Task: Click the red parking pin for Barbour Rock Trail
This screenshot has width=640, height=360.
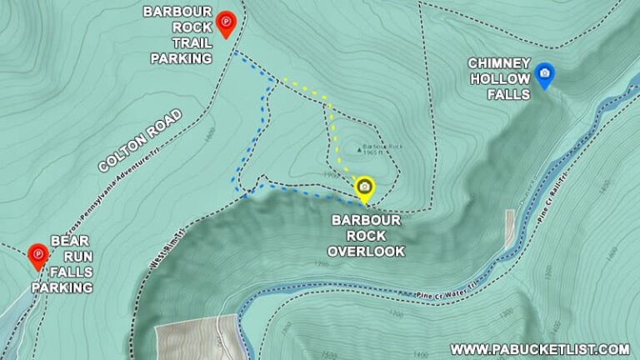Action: click(x=224, y=24)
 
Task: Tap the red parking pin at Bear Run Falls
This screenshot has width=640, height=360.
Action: click(x=37, y=256)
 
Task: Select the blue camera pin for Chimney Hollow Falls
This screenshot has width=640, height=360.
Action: click(x=544, y=74)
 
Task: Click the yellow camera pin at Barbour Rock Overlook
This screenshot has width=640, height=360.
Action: click(x=364, y=187)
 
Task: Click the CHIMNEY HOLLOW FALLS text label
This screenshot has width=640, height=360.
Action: click(x=499, y=78)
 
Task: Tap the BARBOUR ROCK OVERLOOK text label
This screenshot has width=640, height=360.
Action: click(x=366, y=235)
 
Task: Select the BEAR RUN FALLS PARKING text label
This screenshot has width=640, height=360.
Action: click(x=62, y=263)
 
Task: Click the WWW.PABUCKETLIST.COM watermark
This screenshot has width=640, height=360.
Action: click(x=540, y=348)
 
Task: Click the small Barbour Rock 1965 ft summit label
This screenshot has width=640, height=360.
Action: click(x=382, y=150)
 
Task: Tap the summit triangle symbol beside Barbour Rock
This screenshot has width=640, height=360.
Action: click(x=360, y=150)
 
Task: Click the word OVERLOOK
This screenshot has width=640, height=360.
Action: click(x=366, y=250)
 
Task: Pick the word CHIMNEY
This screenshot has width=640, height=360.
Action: click(x=499, y=62)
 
